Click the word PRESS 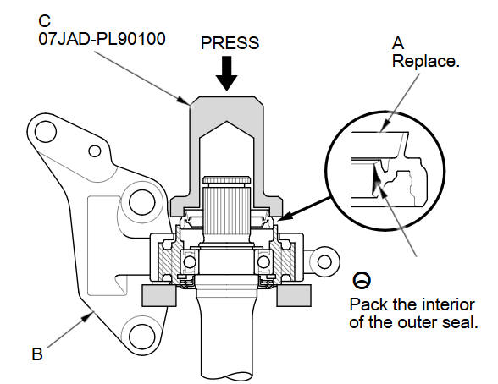pyautogui.click(x=230, y=43)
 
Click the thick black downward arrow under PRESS pyautogui.click(x=226, y=74)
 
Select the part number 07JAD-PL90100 pyautogui.click(x=102, y=39)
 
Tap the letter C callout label pyautogui.click(x=44, y=21)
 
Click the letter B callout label pyautogui.click(x=37, y=354)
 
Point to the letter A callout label pyautogui.click(x=398, y=43)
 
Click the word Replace pyautogui.click(x=426, y=61)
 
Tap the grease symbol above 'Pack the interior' pyautogui.click(x=362, y=280)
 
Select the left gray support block pyautogui.click(x=159, y=295)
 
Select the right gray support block pyautogui.click(x=294, y=295)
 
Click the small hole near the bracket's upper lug pyautogui.click(x=95, y=151)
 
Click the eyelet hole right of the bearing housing pyautogui.click(x=324, y=262)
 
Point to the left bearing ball pyautogui.click(x=190, y=262)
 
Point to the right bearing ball pyautogui.click(x=263, y=262)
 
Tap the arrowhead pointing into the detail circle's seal pyautogui.click(x=375, y=173)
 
